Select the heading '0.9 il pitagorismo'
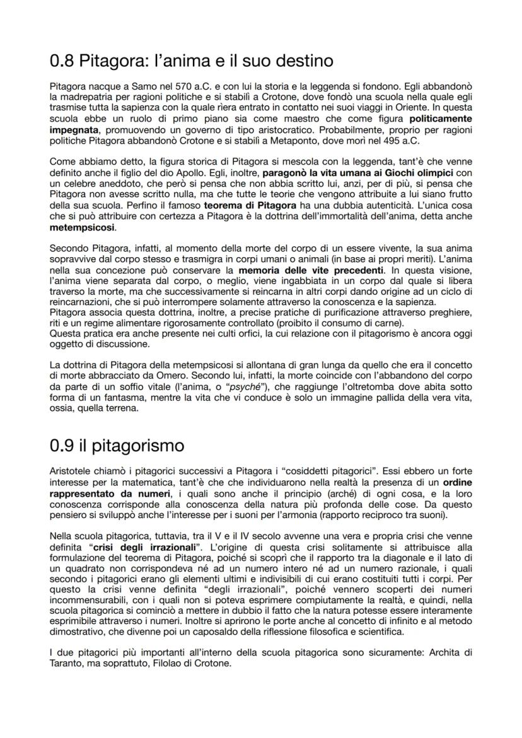(x=117, y=445)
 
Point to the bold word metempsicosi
(x=82, y=226)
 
